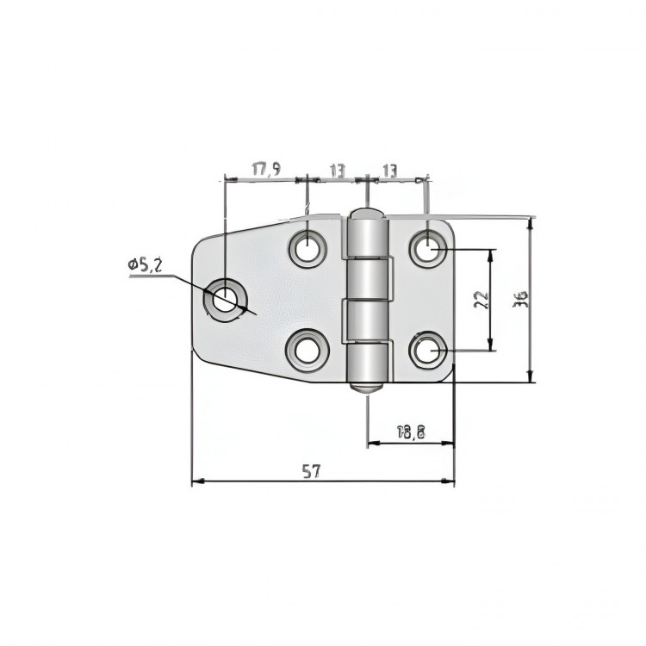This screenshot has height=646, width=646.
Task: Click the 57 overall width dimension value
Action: tap(311, 470)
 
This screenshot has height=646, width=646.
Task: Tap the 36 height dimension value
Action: tap(519, 299)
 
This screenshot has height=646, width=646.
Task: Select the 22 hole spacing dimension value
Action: tap(481, 300)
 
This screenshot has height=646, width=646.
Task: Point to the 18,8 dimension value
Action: tap(412, 432)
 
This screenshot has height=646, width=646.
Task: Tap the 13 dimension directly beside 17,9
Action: tap(336, 170)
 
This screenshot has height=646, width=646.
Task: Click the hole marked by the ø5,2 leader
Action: tap(224, 300)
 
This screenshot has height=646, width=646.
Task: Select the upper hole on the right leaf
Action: tap(426, 250)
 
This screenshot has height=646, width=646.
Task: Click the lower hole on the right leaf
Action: tap(426, 351)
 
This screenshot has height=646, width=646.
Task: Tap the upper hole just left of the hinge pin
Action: tap(307, 249)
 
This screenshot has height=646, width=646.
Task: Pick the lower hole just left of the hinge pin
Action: tap(307, 351)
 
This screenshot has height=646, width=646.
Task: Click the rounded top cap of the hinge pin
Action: tap(365, 214)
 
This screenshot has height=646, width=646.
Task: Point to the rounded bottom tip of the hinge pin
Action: tap(365, 387)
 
